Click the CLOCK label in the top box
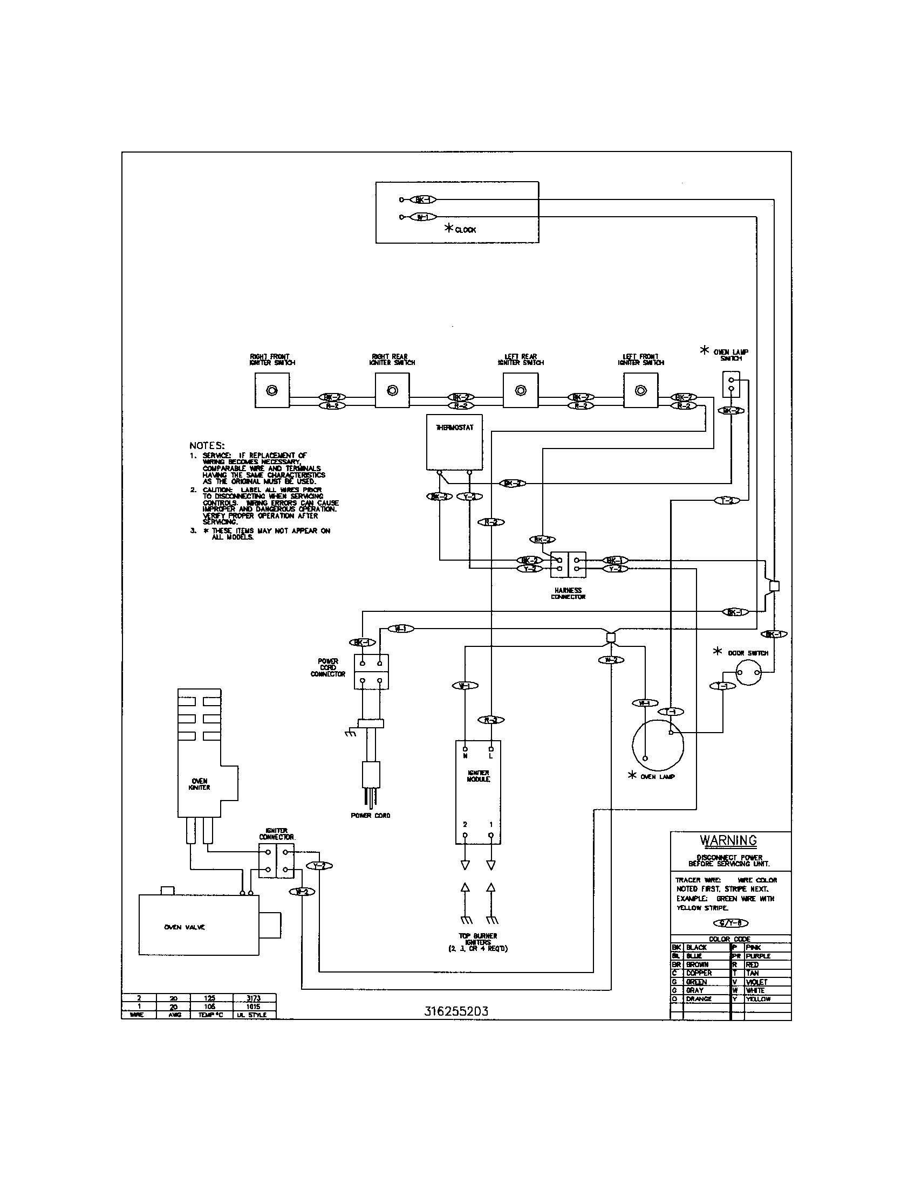coord(465,230)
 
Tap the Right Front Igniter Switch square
coord(272,390)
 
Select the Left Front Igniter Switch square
coord(640,390)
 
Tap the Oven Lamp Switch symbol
coord(731,384)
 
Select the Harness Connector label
coord(568,593)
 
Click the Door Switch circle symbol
coord(748,674)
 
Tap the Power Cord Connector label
coord(327,667)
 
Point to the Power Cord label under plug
coord(370,815)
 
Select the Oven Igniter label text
coord(200,784)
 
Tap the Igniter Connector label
coord(277,834)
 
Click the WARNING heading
coord(728,840)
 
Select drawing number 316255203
coord(456,1011)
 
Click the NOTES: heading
coord(207,445)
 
